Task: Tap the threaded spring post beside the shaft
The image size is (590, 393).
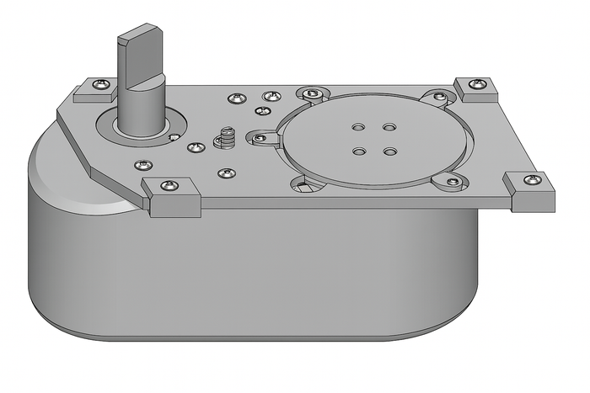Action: pos(225,135)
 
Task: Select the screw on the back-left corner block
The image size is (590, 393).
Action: pos(102,84)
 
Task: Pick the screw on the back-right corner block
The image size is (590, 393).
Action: pos(478,82)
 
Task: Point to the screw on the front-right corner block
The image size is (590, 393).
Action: pos(530,180)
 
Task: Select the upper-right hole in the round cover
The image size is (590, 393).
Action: pos(389,127)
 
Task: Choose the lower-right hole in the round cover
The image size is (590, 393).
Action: pos(390,152)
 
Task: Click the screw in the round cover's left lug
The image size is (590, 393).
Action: pos(260,137)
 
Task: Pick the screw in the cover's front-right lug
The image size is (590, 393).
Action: pos(453,181)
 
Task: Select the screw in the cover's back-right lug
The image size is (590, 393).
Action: pos(439,97)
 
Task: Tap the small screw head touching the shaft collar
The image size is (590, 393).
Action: pos(174,135)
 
